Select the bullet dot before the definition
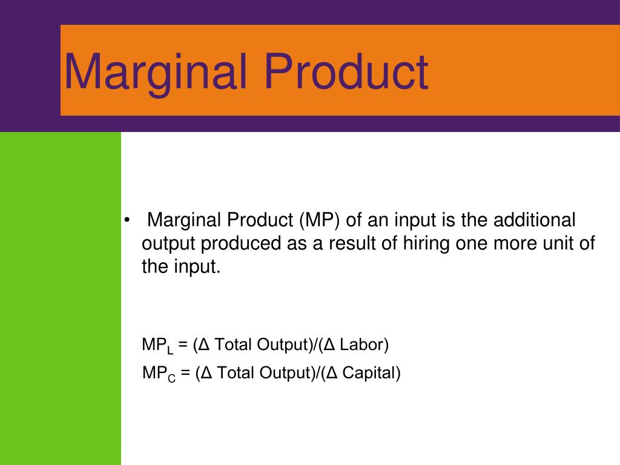coord(127,220)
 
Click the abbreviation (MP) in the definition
coord(320,220)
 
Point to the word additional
coord(534,220)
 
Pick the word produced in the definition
coord(241,244)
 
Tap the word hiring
coord(426,244)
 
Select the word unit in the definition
coord(558,243)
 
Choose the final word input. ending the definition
coord(197,267)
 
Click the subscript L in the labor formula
coord(170,351)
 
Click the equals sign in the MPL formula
coord(183,345)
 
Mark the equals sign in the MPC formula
coord(185,373)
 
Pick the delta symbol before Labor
coord(329,345)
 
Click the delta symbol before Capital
coord(332,373)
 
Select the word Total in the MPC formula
coord(236,373)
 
